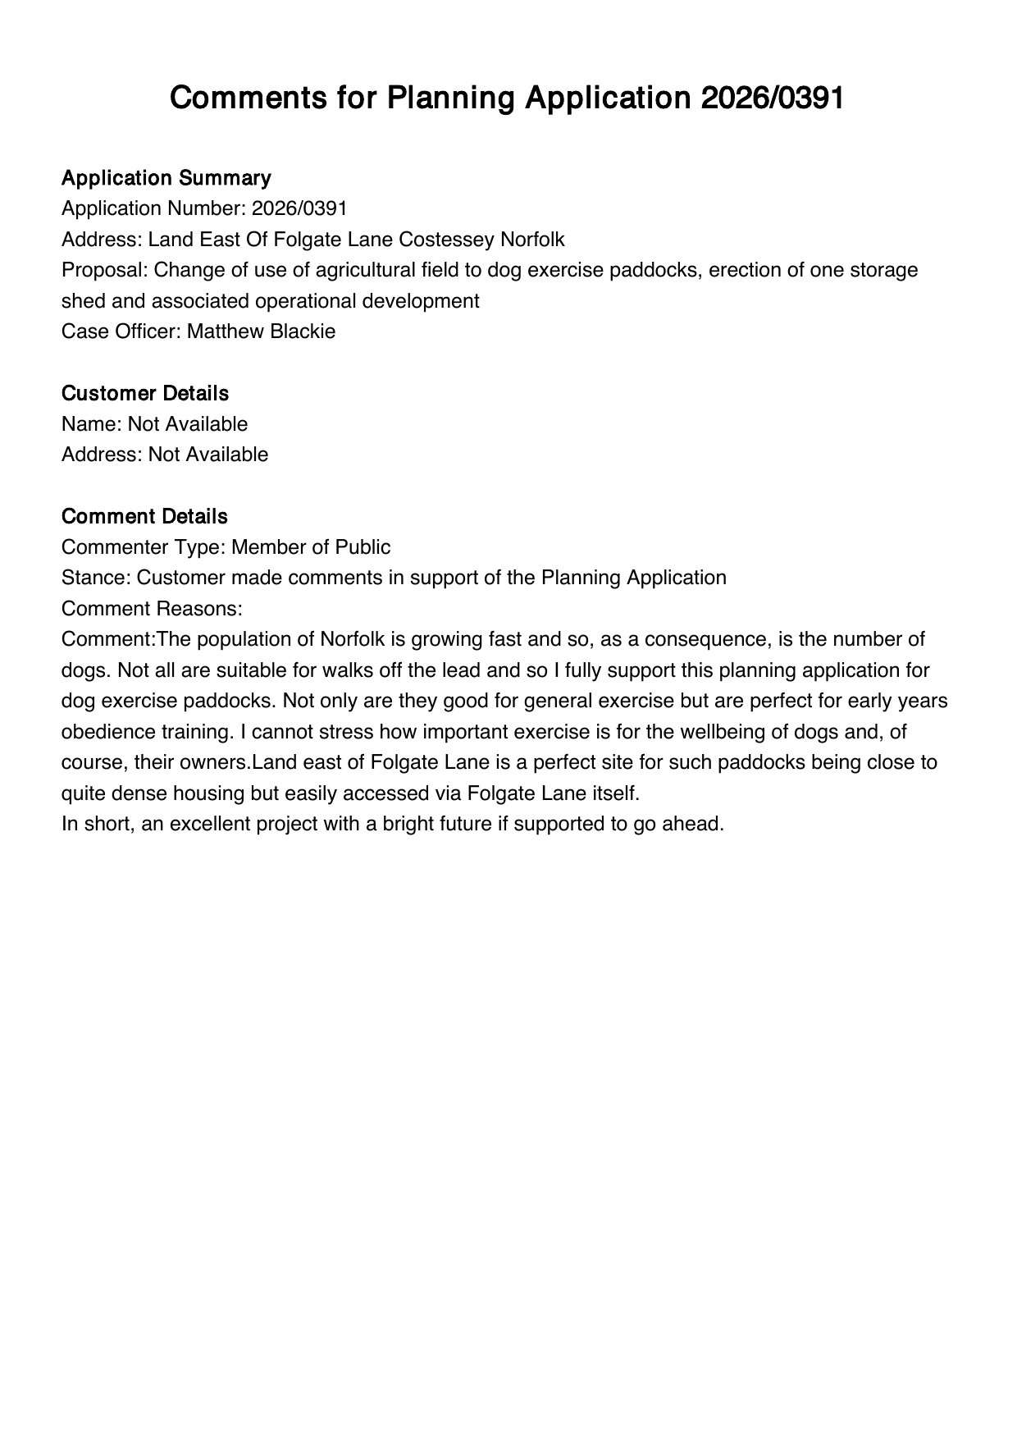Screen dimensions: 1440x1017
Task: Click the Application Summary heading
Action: point(166,178)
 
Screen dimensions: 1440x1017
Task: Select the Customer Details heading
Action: point(144,393)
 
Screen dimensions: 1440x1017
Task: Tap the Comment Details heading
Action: point(144,516)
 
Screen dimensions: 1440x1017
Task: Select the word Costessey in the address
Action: point(441,240)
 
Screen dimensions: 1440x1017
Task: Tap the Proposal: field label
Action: point(104,270)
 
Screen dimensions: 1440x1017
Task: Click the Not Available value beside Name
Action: point(187,424)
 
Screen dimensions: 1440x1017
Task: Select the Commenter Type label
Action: point(144,547)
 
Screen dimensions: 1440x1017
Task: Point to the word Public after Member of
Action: point(361,547)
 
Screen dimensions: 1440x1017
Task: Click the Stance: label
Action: point(96,578)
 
